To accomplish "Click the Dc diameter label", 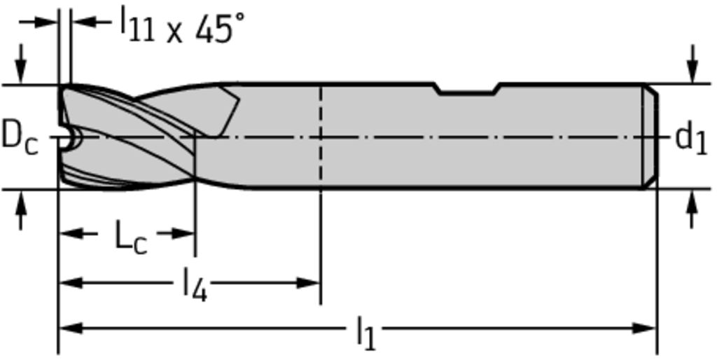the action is click(20, 138).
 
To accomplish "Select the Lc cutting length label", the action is click(131, 238).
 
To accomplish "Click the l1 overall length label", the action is click(366, 335).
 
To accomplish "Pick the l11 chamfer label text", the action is click(137, 27).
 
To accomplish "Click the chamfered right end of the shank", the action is click(650, 137).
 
